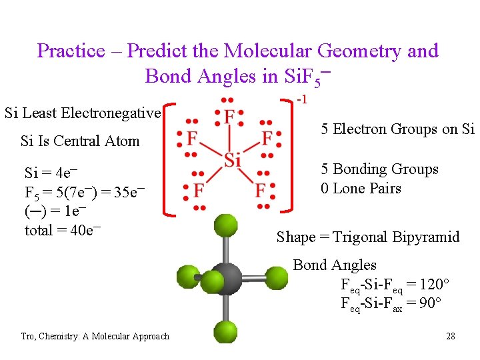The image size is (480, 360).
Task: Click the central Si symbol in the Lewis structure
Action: coord(231,161)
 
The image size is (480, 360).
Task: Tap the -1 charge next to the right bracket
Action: coord(301,100)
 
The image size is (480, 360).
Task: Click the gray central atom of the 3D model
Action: coord(227,277)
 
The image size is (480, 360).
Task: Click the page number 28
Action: coord(450,336)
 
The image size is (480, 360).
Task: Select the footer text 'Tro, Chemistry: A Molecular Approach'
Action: coord(95,337)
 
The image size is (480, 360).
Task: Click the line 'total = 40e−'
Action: coord(63,231)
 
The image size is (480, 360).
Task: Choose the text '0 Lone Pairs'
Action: coord(361,189)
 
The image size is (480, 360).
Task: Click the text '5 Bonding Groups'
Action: coord(379,169)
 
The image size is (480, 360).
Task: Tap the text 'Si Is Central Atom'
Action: coord(80,141)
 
